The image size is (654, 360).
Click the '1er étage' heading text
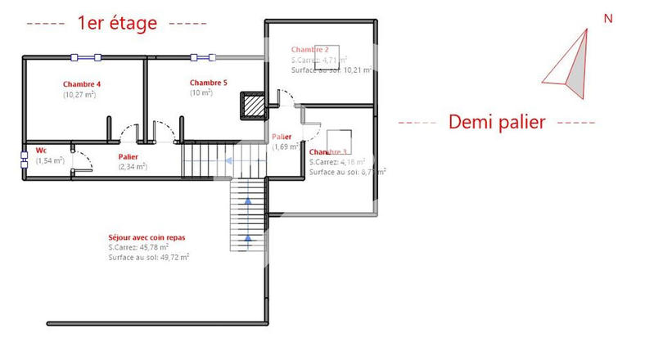coord(116,24)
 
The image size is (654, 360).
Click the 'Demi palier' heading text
coord(497,122)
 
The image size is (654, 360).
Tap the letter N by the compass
coord(607,18)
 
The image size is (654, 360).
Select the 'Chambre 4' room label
coord(82,84)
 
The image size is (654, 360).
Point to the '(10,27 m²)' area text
coord(79,95)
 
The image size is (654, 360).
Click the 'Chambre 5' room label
coord(208,83)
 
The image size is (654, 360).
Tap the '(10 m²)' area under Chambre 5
coord(201,93)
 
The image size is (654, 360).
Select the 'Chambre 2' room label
coord(309,49)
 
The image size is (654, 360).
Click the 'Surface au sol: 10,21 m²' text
coord(332,70)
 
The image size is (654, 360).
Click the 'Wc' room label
coord(41,151)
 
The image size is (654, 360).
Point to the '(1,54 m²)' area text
coord(50,161)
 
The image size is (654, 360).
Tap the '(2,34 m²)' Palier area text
coord(132,167)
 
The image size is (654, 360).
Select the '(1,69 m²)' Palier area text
coord(286,147)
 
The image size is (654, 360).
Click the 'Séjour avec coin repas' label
coord(147,237)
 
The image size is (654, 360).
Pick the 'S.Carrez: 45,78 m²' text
coord(138,247)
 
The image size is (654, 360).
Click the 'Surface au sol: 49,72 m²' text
coord(148,257)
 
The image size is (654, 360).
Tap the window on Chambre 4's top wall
coord(85,57)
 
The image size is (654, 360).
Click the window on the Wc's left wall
coord(24,158)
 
